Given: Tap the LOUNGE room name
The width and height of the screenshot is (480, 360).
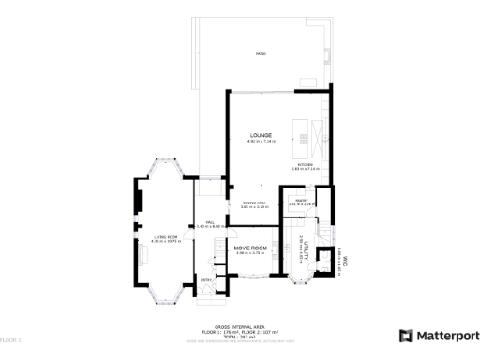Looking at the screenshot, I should [260, 135].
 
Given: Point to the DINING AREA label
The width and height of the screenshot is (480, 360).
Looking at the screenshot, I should [254, 202].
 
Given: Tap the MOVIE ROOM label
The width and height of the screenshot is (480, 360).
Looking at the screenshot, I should [251, 247].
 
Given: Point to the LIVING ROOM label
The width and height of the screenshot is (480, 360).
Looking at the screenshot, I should [165, 237].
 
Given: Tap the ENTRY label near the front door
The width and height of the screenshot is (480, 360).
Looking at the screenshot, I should [205, 279].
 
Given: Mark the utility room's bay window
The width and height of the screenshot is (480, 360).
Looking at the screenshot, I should [305, 277].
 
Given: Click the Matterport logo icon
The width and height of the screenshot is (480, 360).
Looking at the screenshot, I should [405, 336].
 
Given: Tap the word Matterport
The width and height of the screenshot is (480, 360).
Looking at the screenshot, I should [447, 336].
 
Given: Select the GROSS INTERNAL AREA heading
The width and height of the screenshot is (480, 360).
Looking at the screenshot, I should [239, 327].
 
